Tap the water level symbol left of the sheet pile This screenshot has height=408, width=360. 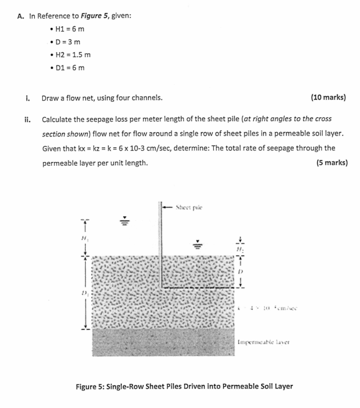tap(124, 221)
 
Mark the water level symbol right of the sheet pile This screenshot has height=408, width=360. tap(199, 243)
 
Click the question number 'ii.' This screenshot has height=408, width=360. tap(29, 118)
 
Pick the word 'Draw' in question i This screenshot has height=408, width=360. tap(51, 97)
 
